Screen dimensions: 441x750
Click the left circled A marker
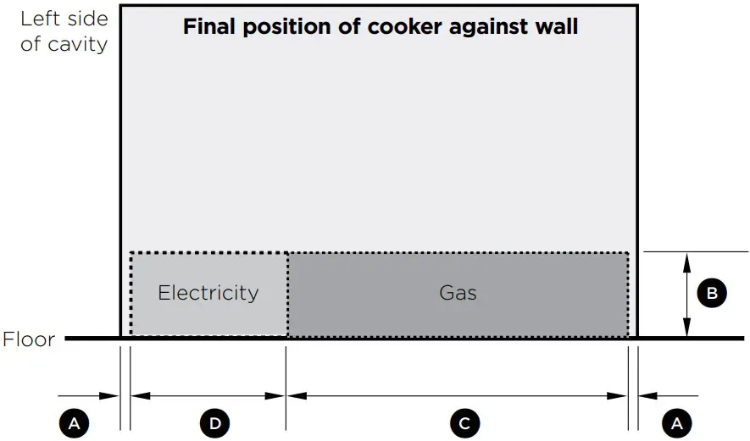(75, 423)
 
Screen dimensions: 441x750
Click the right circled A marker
(676, 423)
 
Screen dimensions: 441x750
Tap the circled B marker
(712, 294)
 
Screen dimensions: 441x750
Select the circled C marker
(464, 423)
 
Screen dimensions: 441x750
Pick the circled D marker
(214, 423)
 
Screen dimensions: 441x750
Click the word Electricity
(208, 293)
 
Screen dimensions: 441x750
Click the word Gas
(458, 293)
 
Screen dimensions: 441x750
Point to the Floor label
(29, 340)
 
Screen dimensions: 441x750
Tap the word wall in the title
(556, 26)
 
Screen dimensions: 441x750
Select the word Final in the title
(208, 26)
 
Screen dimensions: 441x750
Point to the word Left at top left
(39, 19)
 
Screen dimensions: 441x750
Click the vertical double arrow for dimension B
(686, 295)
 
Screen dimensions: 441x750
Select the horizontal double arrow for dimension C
(458, 395)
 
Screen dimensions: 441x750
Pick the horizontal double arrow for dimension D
(208, 395)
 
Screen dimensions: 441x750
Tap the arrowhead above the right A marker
(647, 395)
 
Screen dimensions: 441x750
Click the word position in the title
(290, 26)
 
